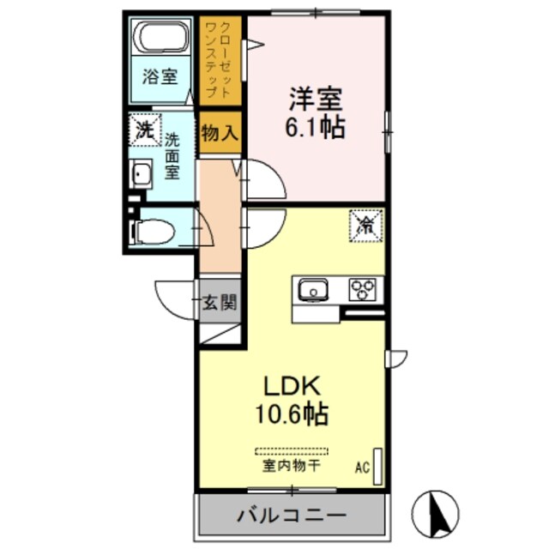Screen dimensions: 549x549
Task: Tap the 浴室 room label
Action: (x=160, y=76)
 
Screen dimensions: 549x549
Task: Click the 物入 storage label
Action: (x=220, y=135)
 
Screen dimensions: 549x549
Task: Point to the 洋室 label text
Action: (x=316, y=97)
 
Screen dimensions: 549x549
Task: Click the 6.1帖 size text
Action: (x=316, y=128)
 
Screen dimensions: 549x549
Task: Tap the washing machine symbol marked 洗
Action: (x=145, y=132)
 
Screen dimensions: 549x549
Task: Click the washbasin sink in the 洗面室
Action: (x=142, y=175)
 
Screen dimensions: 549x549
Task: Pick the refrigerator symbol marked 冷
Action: (x=365, y=225)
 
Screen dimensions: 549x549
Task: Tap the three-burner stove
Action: (x=365, y=290)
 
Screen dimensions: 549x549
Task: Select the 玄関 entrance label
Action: (x=220, y=302)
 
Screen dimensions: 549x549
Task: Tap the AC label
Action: (x=362, y=468)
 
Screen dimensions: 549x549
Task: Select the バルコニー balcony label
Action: (x=291, y=516)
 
